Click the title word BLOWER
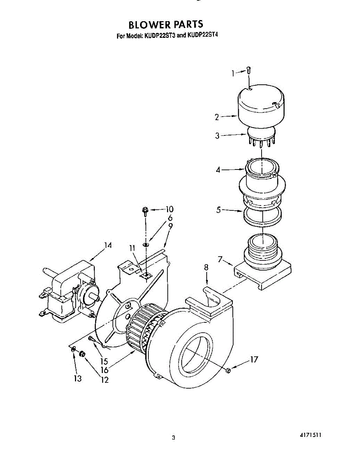(x=149, y=25)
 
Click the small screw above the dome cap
(x=248, y=70)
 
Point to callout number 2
(x=217, y=117)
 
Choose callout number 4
(x=218, y=170)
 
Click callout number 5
(x=218, y=210)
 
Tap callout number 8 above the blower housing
(x=206, y=267)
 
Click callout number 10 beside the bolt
(x=169, y=209)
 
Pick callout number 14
(x=108, y=246)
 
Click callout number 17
(x=254, y=359)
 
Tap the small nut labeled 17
(x=228, y=370)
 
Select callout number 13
(x=78, y=379)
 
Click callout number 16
(x=104, y=371)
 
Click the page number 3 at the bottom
(x=173, y=438)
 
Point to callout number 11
(x=132, y=248)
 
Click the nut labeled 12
(x=81, y=354)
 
